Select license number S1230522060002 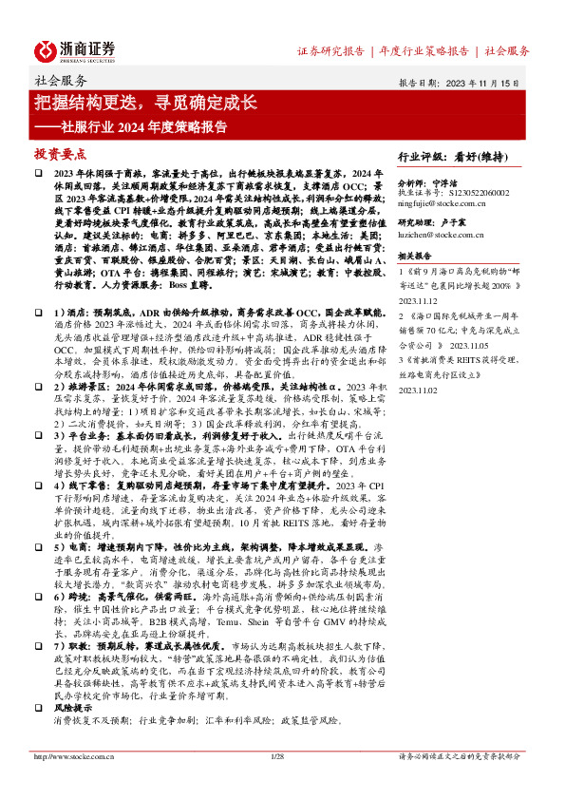tap(475, 190)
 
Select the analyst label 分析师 tap(412, 180)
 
